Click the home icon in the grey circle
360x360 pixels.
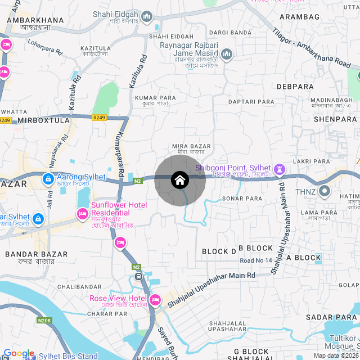[x=179, y=180]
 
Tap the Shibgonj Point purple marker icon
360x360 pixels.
[x=280, y=169]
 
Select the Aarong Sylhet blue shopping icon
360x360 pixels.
[x=48, y=179]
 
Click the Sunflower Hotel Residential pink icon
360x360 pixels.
[x=82, y=214]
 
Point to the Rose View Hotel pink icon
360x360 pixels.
[x=155, y=299]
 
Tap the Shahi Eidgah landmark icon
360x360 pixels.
[x=147, y=16]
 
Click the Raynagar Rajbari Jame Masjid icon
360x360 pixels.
[x=227, y=54]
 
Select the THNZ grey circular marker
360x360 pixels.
[x=325, y=191]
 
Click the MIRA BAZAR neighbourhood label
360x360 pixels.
[x=192, y=146]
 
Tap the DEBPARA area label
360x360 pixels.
[x=295, y=87]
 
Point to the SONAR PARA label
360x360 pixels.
[x=242, y=199]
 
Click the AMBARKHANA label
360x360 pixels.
[x=35, y=20]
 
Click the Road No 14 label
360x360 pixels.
[x=255, y=260]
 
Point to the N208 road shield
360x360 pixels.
[x=44, y=321]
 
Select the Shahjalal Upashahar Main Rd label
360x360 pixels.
[x=211, y=288]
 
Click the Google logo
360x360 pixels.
[x=19, y=353]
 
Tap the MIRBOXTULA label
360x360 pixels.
[x=43, y=120]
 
